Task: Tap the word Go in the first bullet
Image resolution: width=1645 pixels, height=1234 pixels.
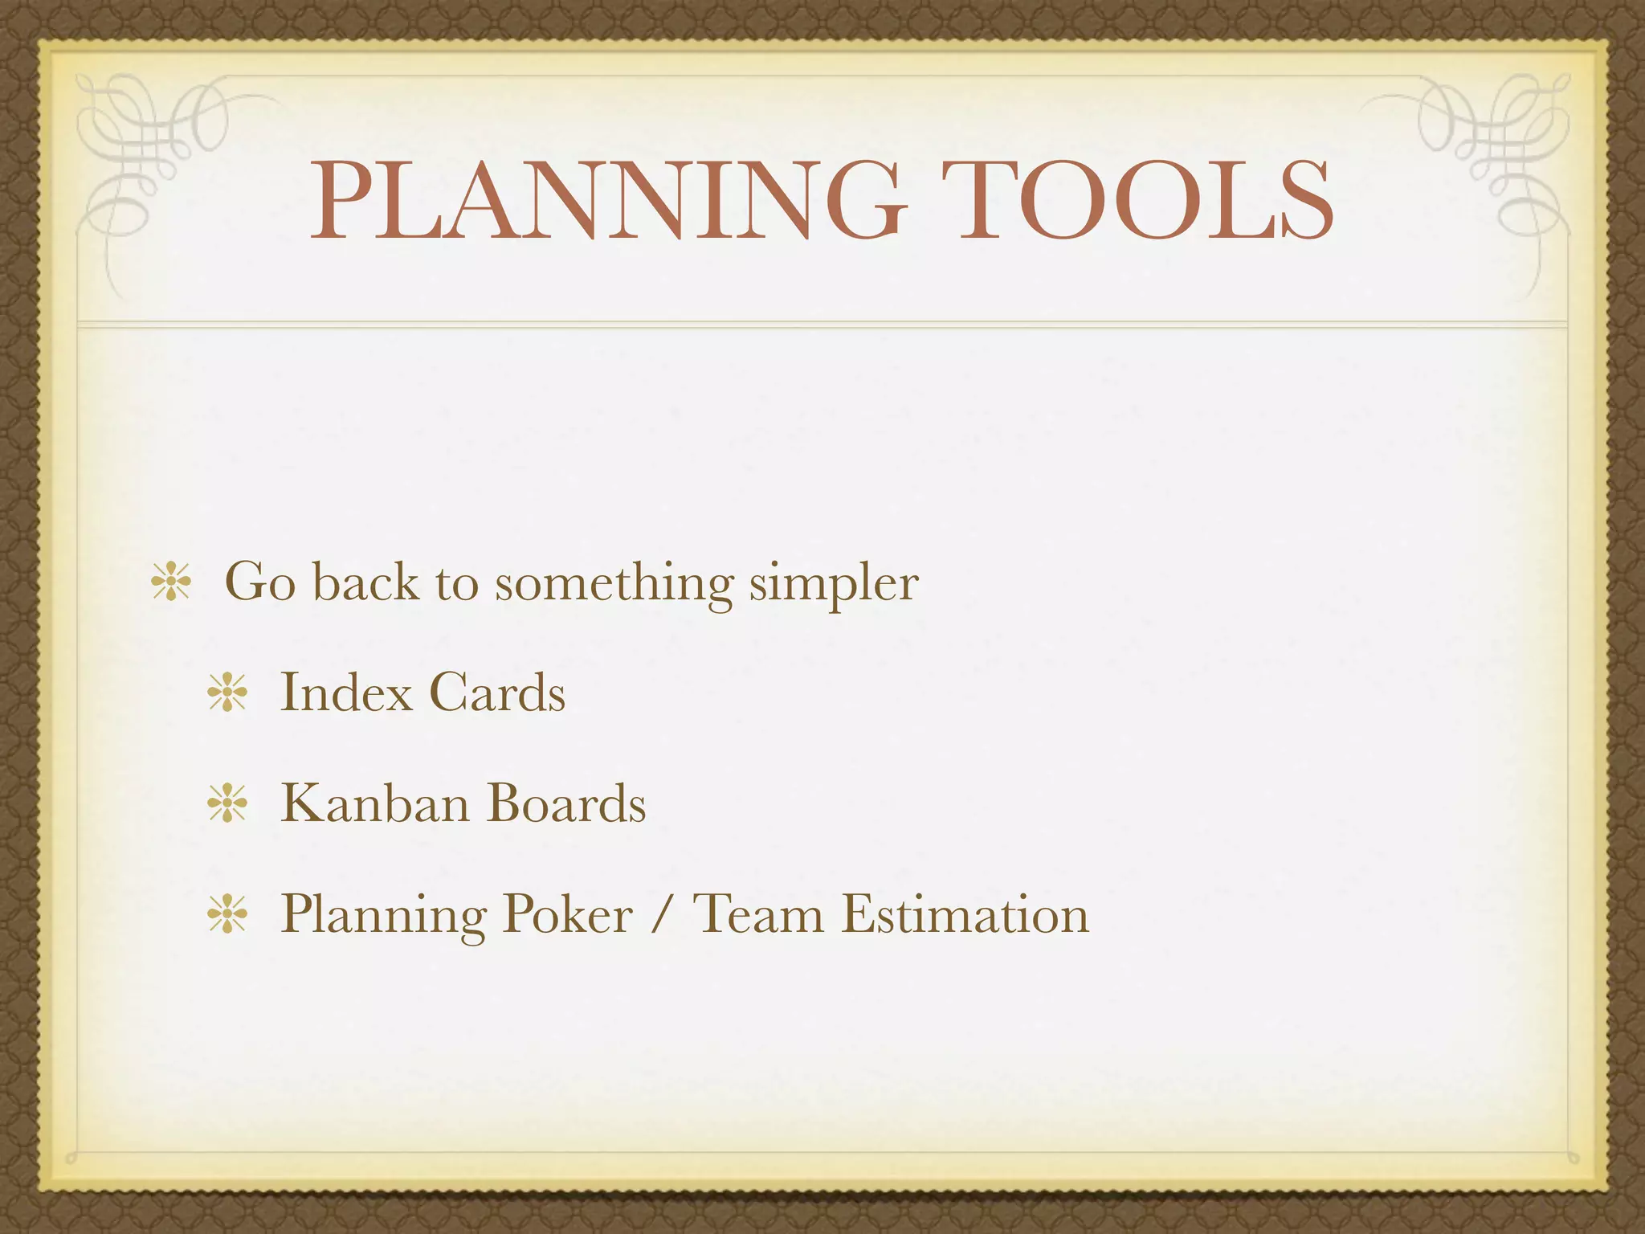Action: [259, 582]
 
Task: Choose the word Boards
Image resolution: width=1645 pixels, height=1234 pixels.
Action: [566, 803]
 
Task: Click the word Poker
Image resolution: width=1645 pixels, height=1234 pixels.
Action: [568, 914]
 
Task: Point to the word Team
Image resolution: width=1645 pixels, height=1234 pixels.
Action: [758, 914]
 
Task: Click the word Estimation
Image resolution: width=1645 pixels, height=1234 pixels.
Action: [965, 914]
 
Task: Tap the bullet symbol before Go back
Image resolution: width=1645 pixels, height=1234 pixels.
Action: [171, 582]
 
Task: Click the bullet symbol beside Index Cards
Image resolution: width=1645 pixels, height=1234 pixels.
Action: [227, 693]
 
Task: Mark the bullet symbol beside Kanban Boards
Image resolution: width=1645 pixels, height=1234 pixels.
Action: [227, 804]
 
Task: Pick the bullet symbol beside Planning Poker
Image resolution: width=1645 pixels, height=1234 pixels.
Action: [227, 915]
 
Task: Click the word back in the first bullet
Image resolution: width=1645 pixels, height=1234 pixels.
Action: [365, 582]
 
